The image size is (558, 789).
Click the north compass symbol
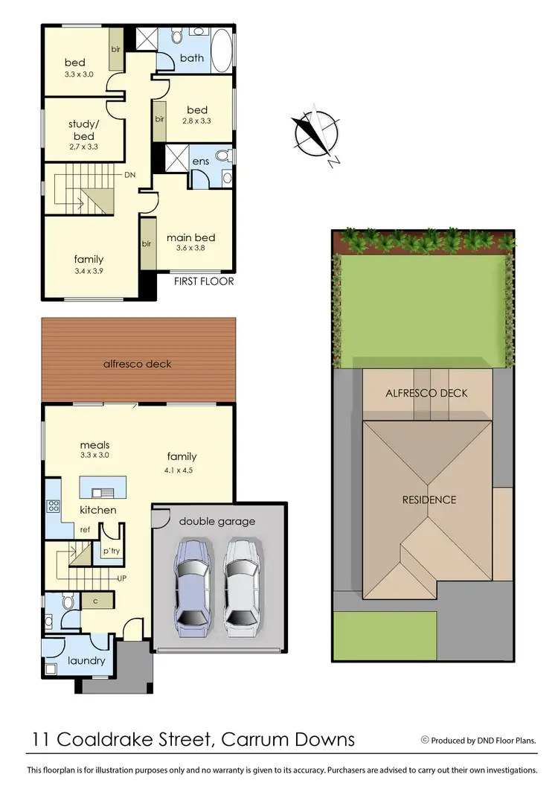pos(317,134)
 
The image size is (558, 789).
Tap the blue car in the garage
pos(193,588)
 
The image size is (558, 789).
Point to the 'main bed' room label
pos(190,237)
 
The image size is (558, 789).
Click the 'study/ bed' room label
pos(83,130)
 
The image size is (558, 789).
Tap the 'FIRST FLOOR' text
pos(204,281)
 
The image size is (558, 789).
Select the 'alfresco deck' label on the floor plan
pos(137,364)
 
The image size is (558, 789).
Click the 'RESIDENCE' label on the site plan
pos(429,499)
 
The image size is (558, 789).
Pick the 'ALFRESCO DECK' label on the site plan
pos(427,392)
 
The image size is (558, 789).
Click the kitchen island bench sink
pos(100,491)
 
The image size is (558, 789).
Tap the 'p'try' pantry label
pos(112,550)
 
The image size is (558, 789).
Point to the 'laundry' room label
pos(86,660)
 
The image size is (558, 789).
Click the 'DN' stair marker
pos(129,175)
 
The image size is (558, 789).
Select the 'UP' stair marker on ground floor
pos(123,578)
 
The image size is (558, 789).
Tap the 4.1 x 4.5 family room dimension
pos(182,470)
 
